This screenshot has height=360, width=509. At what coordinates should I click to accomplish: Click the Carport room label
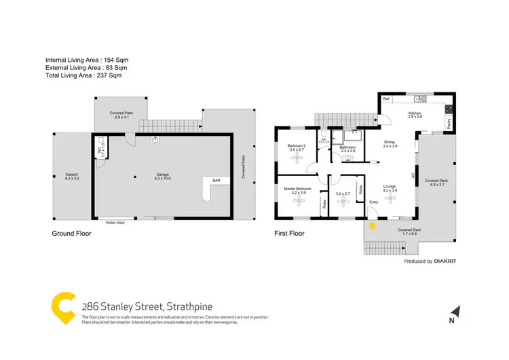(x=72, y=175)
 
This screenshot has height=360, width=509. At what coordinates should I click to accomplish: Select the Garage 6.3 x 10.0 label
(x=163, y=177)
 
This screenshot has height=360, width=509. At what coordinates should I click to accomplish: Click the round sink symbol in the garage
(x=156, y=140)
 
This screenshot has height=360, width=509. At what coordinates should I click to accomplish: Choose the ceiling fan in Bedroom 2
(x=297, y=158)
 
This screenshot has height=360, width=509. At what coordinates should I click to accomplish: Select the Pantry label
(x=449, y=124)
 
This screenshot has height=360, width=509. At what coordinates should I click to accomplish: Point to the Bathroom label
(x=347, y=147)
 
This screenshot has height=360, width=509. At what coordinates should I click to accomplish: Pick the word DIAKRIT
(x=445, y=262)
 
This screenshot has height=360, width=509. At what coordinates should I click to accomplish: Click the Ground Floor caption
(x=72, y=233)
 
